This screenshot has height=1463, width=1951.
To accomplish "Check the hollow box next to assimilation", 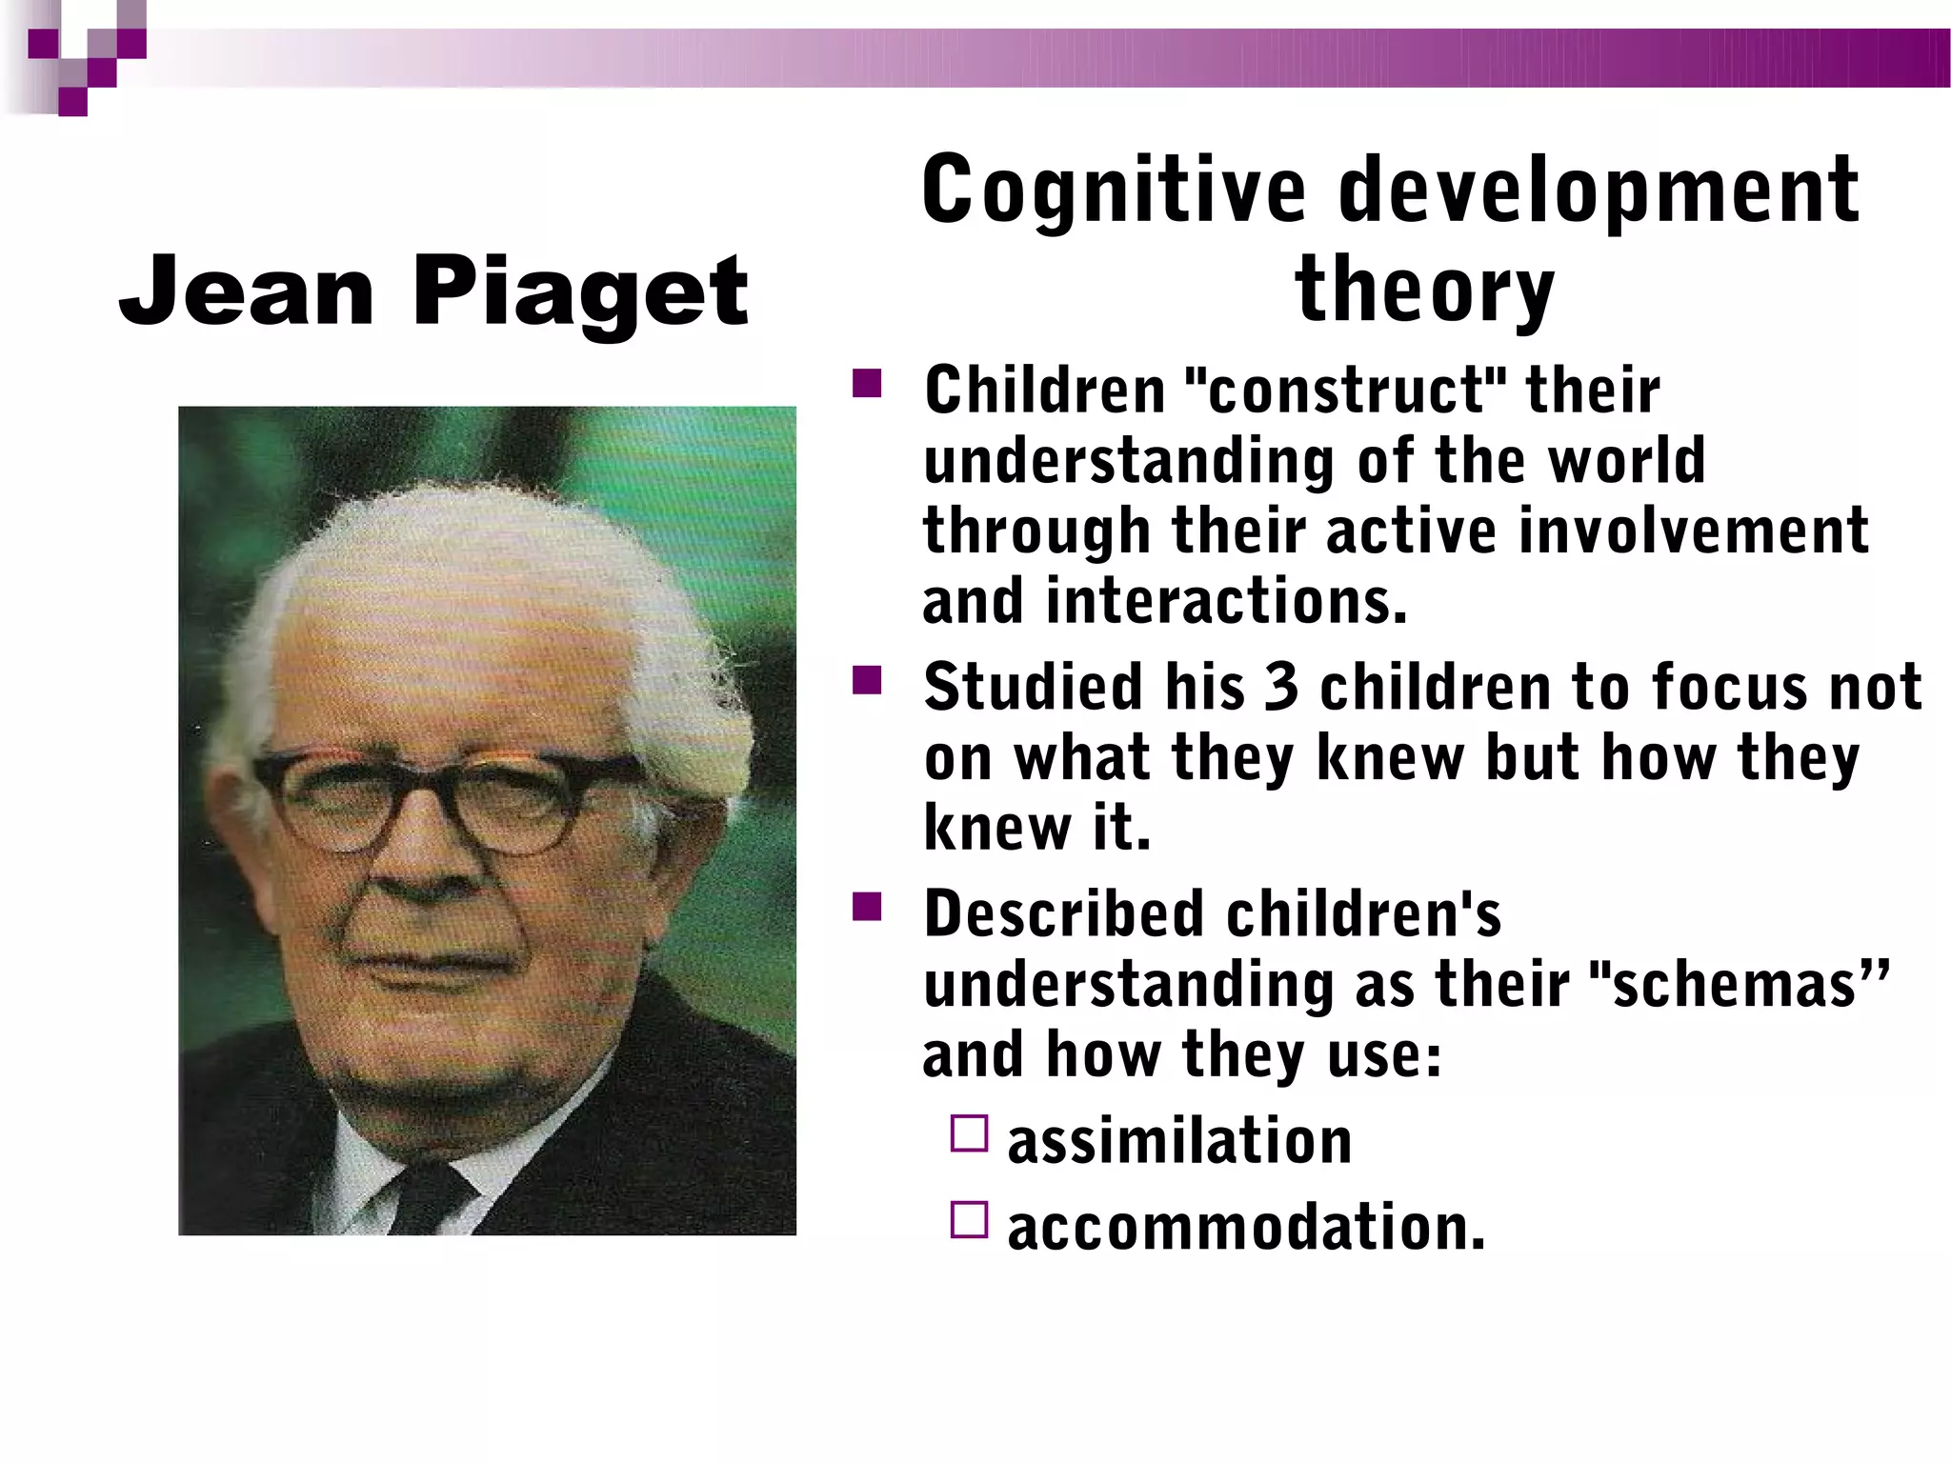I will click(969, 1133).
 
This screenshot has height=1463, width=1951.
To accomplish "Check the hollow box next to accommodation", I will click(969, 1219).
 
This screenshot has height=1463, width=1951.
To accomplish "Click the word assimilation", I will click(1179, 1140).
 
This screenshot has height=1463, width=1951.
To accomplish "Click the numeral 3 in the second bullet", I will click(1281, 687).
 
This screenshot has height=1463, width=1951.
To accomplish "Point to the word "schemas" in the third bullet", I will click(1739, 984).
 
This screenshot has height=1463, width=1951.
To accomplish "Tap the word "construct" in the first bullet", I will click(1345, 391).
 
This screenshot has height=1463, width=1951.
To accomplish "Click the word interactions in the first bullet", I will click(1225, 601).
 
